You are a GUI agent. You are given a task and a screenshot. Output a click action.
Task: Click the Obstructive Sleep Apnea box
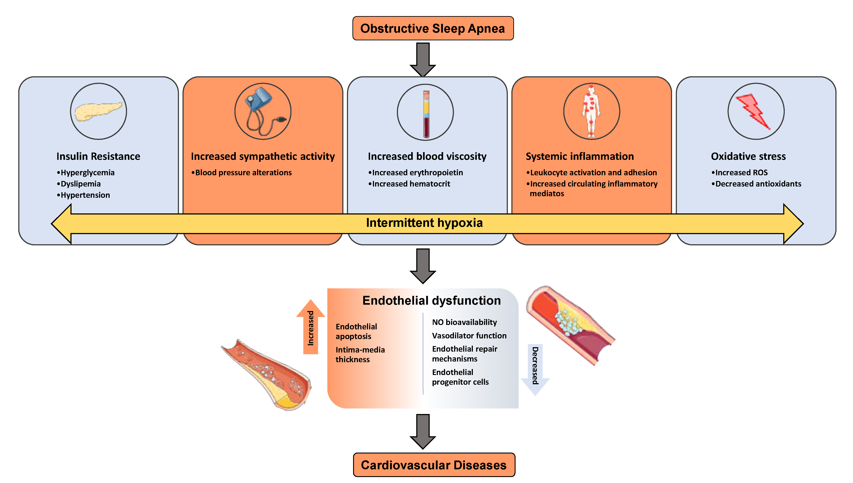point(433,28)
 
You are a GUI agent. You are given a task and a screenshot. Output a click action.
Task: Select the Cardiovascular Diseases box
point(434,465)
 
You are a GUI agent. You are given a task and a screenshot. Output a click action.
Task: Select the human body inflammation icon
point(591,111)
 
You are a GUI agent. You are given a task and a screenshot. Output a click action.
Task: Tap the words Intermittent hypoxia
point(424,223)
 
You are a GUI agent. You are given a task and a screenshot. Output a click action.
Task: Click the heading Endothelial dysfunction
point(432,300)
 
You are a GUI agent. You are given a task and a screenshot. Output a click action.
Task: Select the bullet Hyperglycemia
point(86,172)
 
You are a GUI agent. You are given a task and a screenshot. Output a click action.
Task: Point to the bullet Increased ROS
point(740,172)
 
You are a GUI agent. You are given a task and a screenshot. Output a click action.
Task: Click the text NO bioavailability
point(464,322)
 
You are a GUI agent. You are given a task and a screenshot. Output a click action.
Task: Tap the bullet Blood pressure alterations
point(241,172)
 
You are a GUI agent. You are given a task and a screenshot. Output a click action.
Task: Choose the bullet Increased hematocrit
point(409,184)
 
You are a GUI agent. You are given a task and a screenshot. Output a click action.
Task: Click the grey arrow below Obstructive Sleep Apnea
point(423,60)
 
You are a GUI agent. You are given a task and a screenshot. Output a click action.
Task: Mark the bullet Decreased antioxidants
point(756,184)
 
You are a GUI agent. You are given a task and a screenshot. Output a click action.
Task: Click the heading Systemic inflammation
point(580,156)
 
